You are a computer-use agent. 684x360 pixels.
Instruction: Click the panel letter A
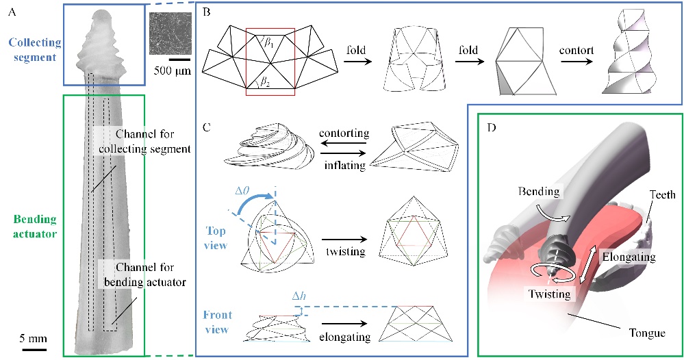point(12,12)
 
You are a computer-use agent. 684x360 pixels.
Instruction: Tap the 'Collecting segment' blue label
point(35,50)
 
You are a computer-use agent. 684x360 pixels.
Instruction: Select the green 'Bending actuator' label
point(35,227)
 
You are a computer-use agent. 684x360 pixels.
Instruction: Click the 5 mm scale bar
point(33,350)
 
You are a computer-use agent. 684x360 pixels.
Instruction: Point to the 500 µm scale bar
point(179,60)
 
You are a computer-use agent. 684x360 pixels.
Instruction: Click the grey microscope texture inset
point(170,33)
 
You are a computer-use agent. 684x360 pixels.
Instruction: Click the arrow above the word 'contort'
point(577,62)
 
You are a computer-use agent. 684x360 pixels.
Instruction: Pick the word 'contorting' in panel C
point(344,133)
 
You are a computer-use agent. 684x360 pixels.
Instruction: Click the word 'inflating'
point(344,165)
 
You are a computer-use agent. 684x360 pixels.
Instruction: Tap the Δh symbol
point(299,296)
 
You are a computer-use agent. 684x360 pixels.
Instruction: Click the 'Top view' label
point(216,238)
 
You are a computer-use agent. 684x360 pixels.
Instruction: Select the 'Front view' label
point(217,322)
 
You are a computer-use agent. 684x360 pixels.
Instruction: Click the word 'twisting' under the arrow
point(346,251)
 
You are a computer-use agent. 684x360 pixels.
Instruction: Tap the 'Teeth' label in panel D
point(662,194)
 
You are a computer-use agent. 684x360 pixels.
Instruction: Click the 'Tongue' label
point(647,333)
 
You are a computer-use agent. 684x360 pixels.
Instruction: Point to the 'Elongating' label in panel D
point(629,257)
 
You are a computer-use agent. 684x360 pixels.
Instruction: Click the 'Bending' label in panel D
point(539,192)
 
